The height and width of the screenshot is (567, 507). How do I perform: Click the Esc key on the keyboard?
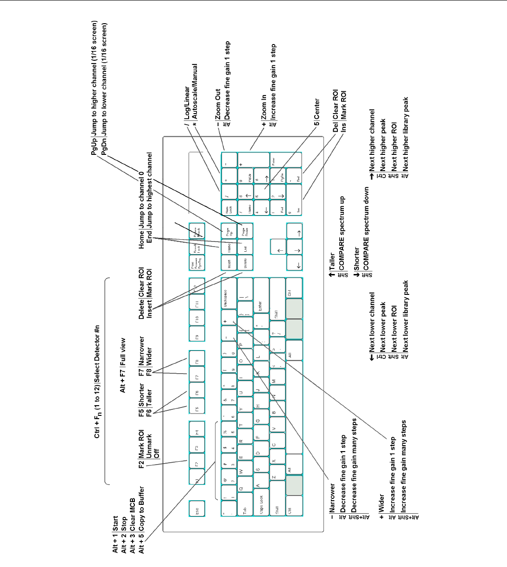pyautogui.click(x=197, y=508)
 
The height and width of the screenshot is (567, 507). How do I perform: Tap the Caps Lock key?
pyautogui.click(x=260, y=500)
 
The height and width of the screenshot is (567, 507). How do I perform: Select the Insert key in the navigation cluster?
pyautogui.click(x=228, y=263)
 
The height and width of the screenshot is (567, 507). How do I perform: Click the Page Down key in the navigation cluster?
pyautogui.click(x=245, y=230)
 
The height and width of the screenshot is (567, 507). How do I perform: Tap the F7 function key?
pyautogui.click(x=196, y=377)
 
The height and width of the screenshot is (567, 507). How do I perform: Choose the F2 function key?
pyautogui.click(x=196, y=464)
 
